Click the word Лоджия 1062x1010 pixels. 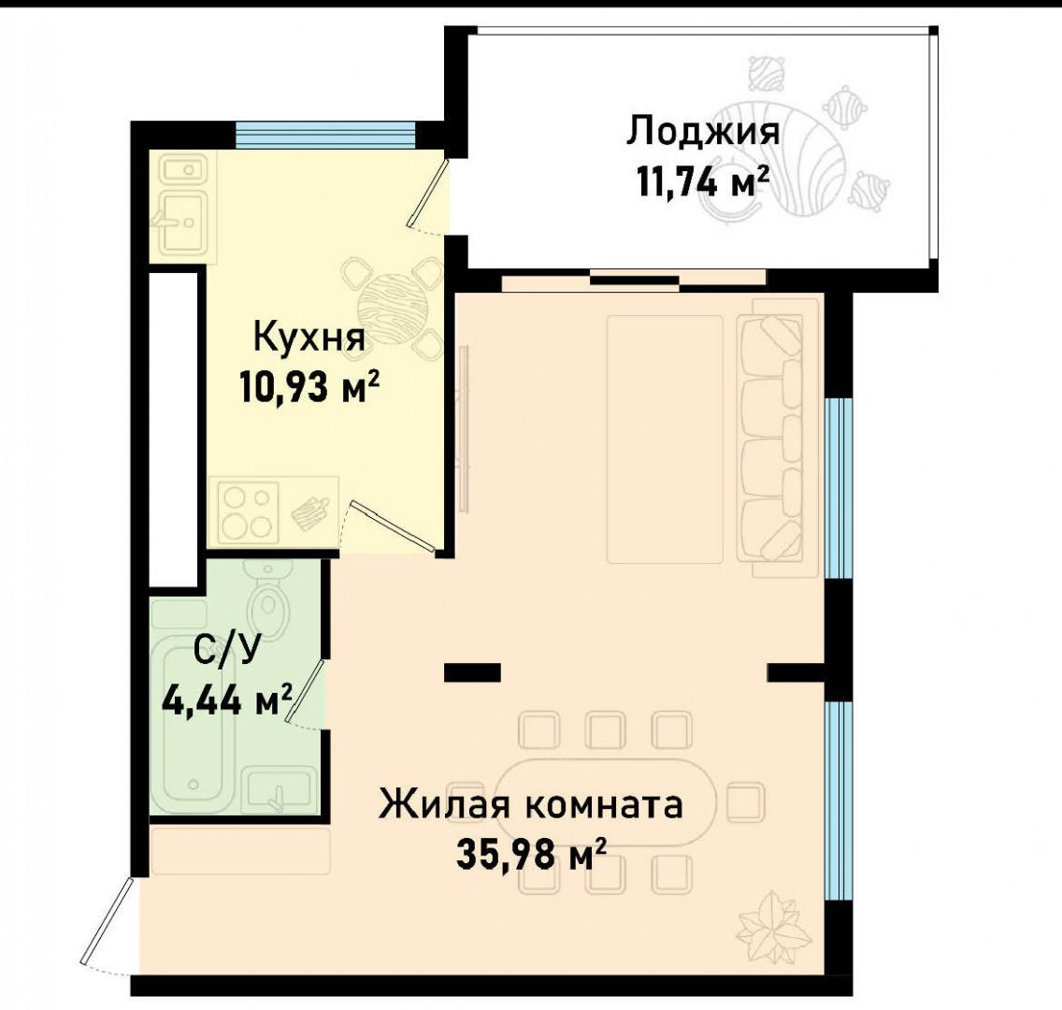[x=703, y=132]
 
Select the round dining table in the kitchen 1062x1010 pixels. [x=392, y=305]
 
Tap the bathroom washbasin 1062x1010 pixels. [x=277, y=791]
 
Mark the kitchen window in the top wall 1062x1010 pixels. [x=324, y=136]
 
